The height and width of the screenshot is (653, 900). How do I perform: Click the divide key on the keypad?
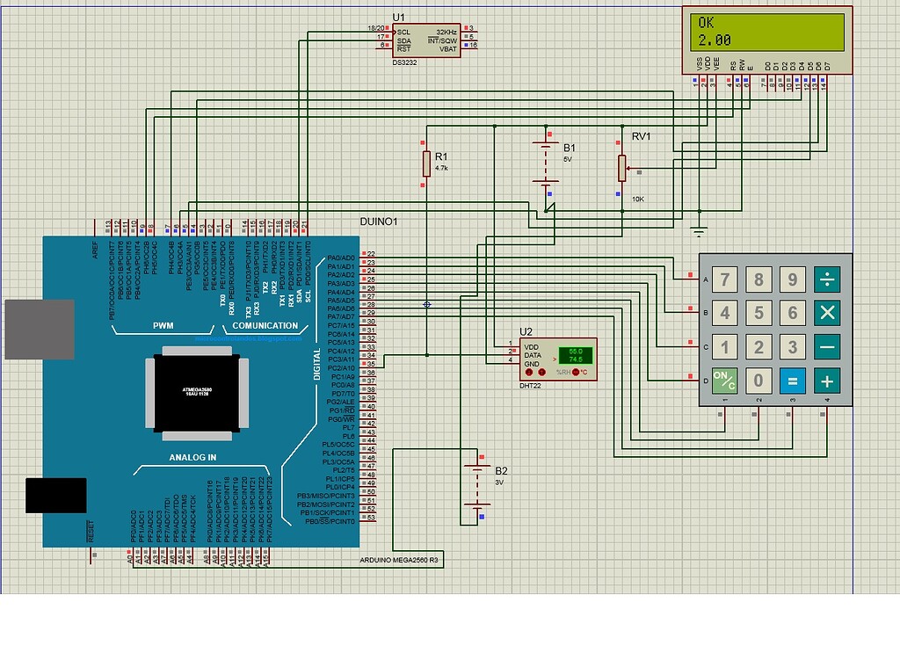[827, 279]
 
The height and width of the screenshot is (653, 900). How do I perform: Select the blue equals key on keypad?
[792, 381]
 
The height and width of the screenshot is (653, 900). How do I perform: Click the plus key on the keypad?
[827, 381]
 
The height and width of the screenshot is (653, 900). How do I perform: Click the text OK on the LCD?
[706, 23]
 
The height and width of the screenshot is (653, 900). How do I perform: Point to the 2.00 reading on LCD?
[715, 40]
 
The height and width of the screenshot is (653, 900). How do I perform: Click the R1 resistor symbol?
[426, 163]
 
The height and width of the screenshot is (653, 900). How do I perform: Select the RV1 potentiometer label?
[641, 136]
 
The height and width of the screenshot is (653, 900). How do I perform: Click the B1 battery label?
[570, 147]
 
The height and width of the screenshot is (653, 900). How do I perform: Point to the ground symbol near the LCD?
[699, 230]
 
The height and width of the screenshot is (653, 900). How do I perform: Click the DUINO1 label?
[379, 222]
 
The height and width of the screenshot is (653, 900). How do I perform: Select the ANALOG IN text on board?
[192, 458]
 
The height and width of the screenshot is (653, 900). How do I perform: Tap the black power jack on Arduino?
[55, 495]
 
